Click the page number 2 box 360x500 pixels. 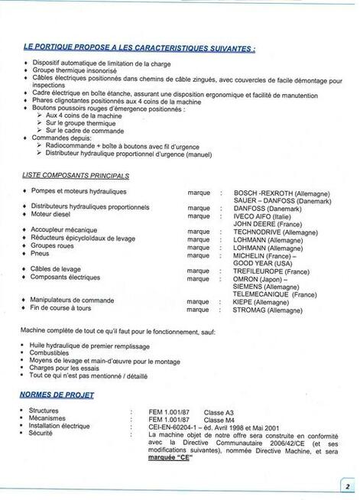coord(346,485)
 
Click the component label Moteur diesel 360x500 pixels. coord(52,214)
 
